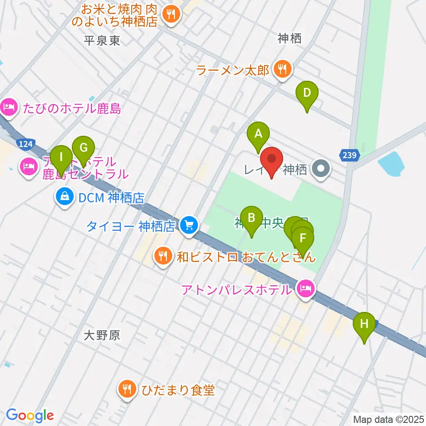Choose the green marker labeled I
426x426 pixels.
pyautogui.click(x=61, y=158)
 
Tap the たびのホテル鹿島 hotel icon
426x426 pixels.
pyautogui.click(x=8, y=107)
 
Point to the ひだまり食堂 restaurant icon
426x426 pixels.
pyautogui.click(x=127, y=390)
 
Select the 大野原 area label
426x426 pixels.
pyautogui.click(x=102, y=335)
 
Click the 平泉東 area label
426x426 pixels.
pyautogui.click(x=102, y=41)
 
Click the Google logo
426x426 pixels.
pyautogui.click(x=30, y=415)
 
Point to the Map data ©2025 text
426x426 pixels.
pyautogui.click(x=389, y=419)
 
